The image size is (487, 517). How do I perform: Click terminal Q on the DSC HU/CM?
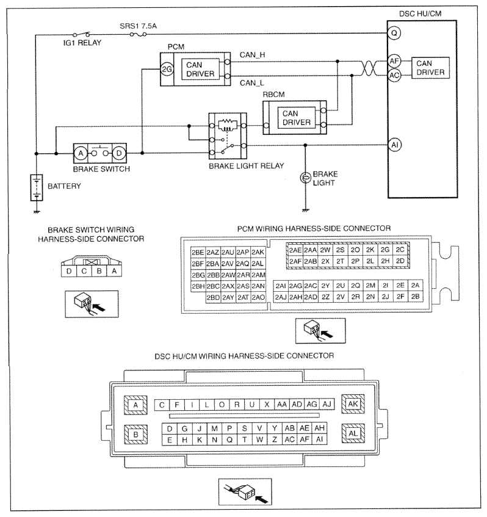pos(394,33)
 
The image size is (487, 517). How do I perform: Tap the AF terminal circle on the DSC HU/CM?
pos(394,61)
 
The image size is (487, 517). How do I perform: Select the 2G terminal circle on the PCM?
pos(167,69)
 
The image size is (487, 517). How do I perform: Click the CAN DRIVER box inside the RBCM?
pos(297,118)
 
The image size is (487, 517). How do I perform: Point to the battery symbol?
pos(37,187)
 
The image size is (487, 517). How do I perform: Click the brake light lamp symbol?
pos(305,178)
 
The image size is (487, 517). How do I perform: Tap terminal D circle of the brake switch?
pos(119,153)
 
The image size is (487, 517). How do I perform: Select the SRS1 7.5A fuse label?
pos(138,26)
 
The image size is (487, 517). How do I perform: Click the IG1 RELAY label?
pos(82,43)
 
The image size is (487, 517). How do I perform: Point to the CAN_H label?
pos(252,55)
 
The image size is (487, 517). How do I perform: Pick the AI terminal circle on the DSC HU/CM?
pos(395,145)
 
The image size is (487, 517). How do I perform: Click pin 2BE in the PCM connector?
pos(198,253)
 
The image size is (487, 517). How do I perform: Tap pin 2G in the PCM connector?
pos(385,250)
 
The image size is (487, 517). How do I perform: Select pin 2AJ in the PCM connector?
pos(281,297)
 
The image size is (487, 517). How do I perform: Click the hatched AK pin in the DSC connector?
pos(353,404)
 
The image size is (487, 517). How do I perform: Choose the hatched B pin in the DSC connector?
pos(135,434)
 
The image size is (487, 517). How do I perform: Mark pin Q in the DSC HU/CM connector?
pos(229,439)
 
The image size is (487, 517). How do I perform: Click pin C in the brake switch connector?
pos(84,271)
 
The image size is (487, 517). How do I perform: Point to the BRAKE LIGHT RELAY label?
pos(247,166)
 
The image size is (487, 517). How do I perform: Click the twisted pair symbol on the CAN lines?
pos(369,68)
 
